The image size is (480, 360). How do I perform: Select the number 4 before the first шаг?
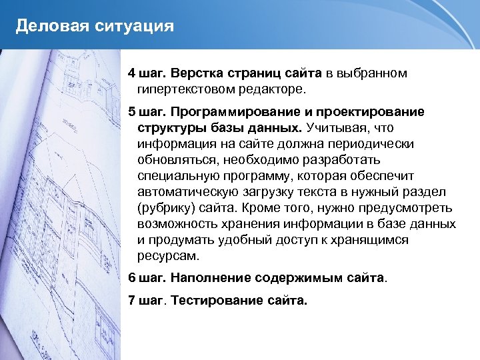[132, 72]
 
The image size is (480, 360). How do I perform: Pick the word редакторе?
[270, 88]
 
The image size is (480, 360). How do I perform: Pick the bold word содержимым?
[301, 277]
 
